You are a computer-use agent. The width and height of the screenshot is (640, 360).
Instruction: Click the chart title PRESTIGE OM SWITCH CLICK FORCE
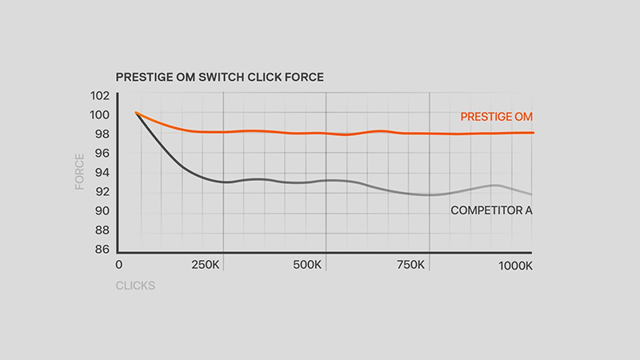pyautogui.click(x=219, y=77)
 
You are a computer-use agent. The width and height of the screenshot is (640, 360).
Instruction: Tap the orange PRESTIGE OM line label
pyautogui.click(x=496, y=117)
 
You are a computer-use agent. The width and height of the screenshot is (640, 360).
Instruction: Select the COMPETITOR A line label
pyautogui.click(x=491, y=210)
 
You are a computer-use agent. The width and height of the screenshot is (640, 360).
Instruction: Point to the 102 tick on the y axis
pyautogui.click(x=100, y=95)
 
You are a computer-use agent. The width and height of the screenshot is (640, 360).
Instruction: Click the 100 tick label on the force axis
pyautogui.click(x=100, y=114)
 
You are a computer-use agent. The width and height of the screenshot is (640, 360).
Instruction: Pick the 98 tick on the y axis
pyautogui.click(x=102, y=134)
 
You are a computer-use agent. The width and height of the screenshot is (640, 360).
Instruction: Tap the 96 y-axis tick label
pyautogui.click(x=102, y=153)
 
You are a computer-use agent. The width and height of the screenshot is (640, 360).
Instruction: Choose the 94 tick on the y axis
pyautogui.click(x=102, y=172)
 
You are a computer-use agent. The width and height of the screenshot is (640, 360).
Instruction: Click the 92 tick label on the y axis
pyautogui.click(x=102, y=191)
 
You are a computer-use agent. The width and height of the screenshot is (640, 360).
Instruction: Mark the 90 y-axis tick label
pyautogui.click(x=102, y=210)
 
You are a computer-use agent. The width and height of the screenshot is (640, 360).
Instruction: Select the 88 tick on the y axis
pyautogui.click(x=102, y=230)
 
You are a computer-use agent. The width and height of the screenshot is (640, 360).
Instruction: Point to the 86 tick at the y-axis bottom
pyautogui.click(x=102, y=249)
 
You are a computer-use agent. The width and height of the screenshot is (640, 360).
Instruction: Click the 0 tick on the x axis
pyautogui.click(x=118, y=265)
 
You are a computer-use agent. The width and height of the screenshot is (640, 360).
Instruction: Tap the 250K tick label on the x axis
pyautogui.click(x=206, y=265)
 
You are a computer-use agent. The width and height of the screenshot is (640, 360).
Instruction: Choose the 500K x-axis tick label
pyautogui.click(x=307, y=265)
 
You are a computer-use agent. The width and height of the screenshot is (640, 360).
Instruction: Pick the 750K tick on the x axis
pyautogui.click(x=410, y=265)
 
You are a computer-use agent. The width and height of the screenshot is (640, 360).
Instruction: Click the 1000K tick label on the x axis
pyautogui.click(x=515, y=266)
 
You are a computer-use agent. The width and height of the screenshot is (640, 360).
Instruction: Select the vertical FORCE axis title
pyautogui.click(x=79, y=172)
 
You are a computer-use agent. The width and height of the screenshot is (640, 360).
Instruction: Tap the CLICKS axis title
pyautogui.click(x=135, y=286)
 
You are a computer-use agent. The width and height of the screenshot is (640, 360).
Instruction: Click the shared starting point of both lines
pyautogui.click(x=136, y=113)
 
